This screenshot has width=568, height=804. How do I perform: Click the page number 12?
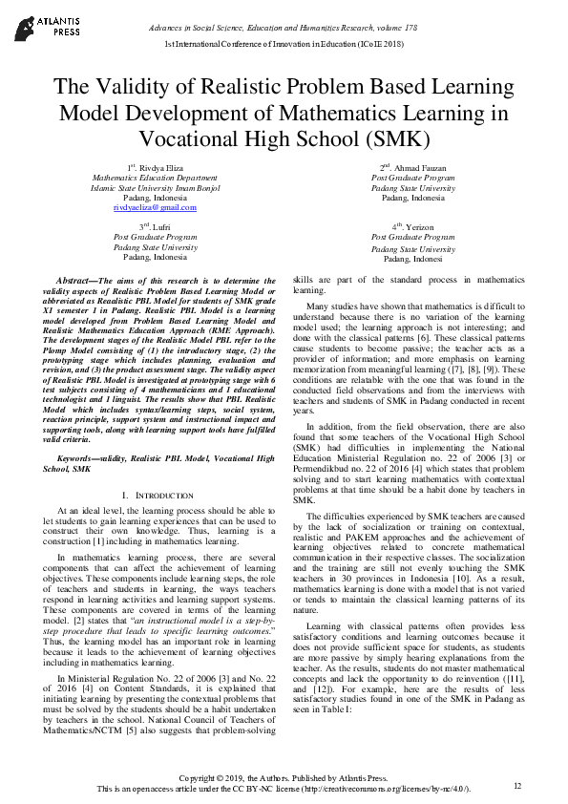click(517, 785)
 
